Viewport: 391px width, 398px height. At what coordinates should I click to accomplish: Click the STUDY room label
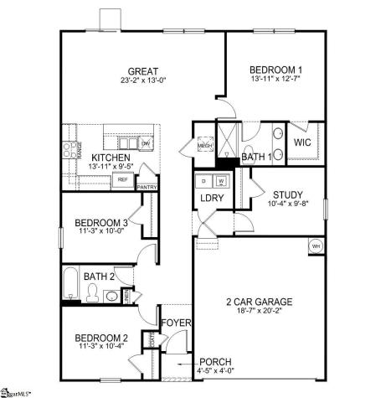tap(287, 194)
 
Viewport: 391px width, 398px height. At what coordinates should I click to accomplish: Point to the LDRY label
tap(209, 198)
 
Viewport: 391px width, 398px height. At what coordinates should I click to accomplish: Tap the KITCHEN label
tap(111, 157)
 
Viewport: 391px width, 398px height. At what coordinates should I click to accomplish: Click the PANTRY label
tap(147, 187)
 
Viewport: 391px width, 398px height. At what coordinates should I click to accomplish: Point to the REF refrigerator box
tap(122, 179)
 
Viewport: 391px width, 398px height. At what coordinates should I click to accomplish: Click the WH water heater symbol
tap(316, 246)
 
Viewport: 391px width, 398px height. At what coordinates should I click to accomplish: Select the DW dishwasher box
tap(146, 144)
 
